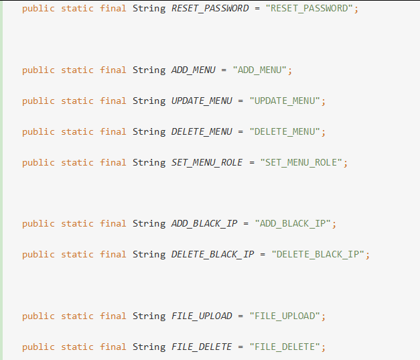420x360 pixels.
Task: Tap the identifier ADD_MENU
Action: click(193, 70)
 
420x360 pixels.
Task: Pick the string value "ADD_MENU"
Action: click(260, 70)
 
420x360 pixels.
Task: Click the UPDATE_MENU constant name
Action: click(202, 101)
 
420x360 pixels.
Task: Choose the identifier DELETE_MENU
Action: click(202, 131)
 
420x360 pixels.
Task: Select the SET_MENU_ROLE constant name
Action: click(207, 162)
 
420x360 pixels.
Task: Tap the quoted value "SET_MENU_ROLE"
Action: click(301, 162)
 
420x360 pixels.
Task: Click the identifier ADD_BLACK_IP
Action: click(204, 223)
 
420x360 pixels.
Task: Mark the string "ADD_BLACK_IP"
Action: click(293, 223)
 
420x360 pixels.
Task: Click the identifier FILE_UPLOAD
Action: click(202, 316)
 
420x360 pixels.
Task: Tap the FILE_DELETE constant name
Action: click(202, 347)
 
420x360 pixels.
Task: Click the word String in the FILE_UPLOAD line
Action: click(149, 316)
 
